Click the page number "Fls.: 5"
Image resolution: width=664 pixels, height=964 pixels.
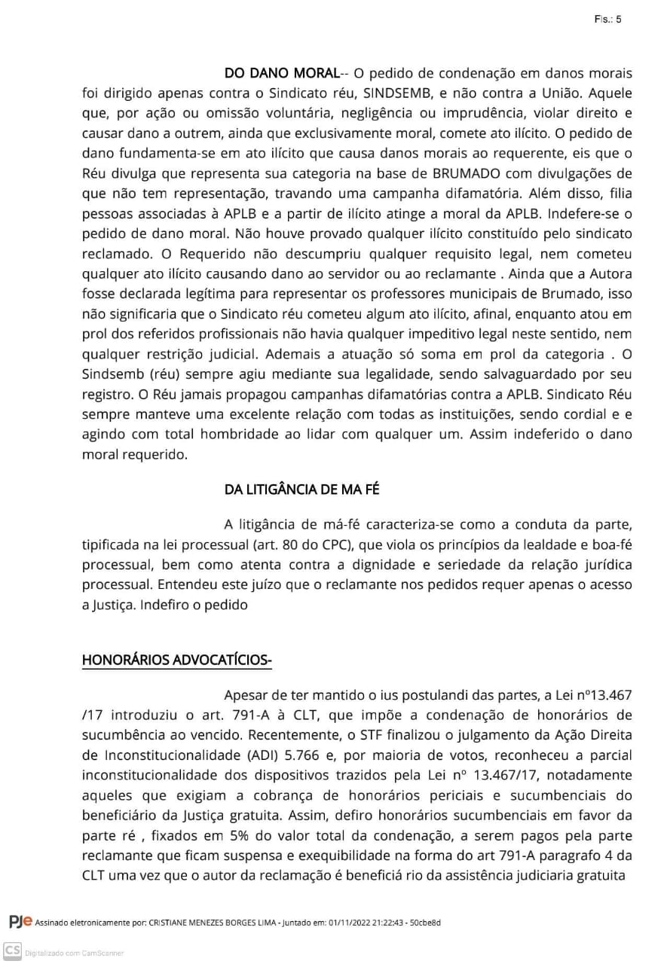click(x=607, y=20)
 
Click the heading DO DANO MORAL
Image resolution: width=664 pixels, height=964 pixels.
click(x=281, y=73)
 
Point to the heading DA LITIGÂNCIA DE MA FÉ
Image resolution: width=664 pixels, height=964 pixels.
click(x=301, y=490)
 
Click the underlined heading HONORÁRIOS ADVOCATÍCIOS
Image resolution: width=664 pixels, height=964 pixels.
click(x=176, y=660)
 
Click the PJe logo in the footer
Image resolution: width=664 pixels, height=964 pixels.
click(x=20, y=921)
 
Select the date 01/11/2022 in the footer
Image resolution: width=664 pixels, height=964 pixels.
click(x=353, y=923)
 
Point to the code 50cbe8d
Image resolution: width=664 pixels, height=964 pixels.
click(x=425, y=923)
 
